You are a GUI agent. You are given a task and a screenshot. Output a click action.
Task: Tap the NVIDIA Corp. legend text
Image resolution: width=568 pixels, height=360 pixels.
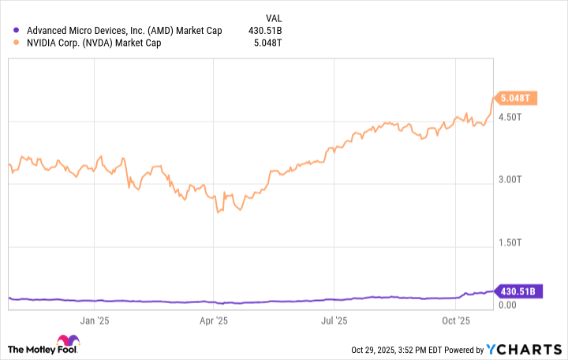tap(94, 43)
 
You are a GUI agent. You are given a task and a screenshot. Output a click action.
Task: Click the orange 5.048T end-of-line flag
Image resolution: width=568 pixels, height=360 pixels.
tap(516, 98)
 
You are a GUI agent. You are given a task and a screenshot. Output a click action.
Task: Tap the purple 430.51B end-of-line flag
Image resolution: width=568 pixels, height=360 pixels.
tap(518, 291)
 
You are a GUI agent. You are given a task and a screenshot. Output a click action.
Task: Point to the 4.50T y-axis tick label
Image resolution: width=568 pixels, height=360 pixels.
tap(510, 117)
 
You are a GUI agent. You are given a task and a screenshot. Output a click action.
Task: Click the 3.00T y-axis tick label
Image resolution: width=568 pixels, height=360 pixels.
tap(510, 181)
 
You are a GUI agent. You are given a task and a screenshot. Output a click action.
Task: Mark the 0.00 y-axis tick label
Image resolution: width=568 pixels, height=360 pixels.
tap(506, 304)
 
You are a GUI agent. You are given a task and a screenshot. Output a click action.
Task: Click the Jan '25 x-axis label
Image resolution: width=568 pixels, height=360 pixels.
tap(94, 321)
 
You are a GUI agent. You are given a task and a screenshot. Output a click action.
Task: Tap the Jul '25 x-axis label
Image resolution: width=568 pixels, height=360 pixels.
tap(334, 321)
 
